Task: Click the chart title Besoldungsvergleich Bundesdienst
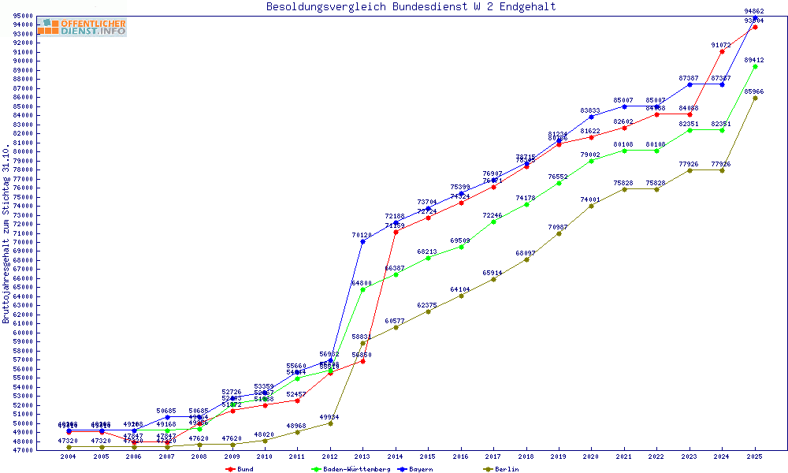(411, 7)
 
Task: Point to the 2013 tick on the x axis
(362, 456)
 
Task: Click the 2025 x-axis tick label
(755, 456)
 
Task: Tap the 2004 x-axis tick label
(69, 456)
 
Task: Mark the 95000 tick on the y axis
(22, 16)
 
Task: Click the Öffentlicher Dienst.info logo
(81, 27)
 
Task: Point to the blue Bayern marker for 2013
(362, 241)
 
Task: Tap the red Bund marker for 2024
(722, 51)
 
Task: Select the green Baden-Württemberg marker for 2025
(755, 66)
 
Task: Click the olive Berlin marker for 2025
(755, 98)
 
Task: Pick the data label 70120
(362, 235)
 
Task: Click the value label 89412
(754, 60)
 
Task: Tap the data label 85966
(754, 91)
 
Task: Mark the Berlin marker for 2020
(591, 206)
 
